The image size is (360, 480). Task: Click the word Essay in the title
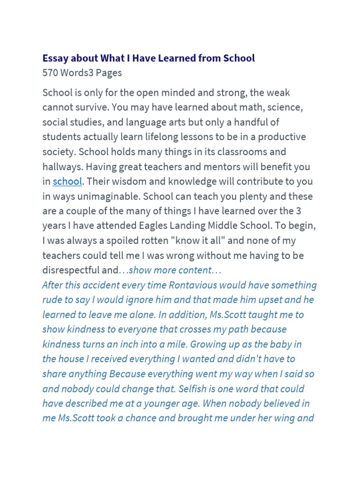[55, 58]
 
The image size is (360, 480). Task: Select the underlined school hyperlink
[67, 181]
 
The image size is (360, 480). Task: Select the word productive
[277, 137]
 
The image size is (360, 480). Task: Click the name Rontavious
[196, 285]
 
